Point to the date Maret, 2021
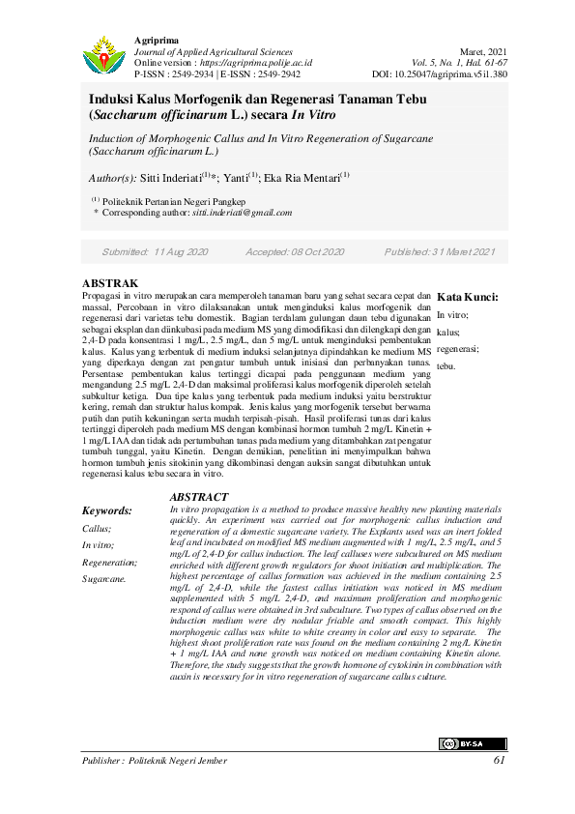[482, 50]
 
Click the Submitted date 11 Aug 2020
[181, 251]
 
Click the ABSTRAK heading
[111, 283]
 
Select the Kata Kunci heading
[468, 298]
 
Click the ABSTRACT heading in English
[198, 496]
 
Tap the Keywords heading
[106, 510]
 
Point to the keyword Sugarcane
[103, 579]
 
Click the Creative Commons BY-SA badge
[473, 743]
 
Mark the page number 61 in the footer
[500, 761]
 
